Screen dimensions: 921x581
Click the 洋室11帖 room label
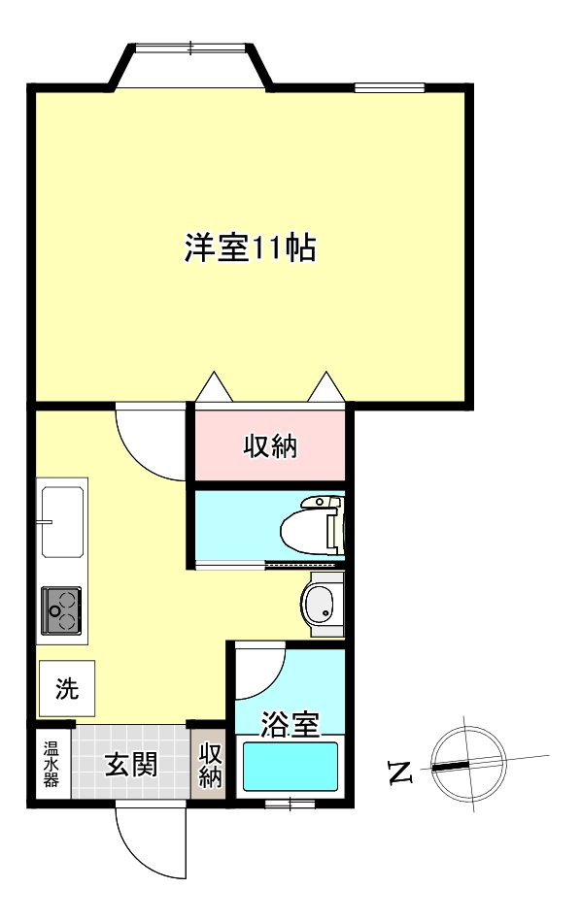[251, 248]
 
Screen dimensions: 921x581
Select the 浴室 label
[290, 723]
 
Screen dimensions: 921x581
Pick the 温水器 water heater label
[51, 765]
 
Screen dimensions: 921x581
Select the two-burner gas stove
[61, 609]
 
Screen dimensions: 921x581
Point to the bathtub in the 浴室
[290, 767]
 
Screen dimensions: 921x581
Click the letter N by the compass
[399, 773]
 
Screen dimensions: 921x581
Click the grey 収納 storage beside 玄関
[210, 765]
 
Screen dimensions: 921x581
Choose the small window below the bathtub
[289, 802]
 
